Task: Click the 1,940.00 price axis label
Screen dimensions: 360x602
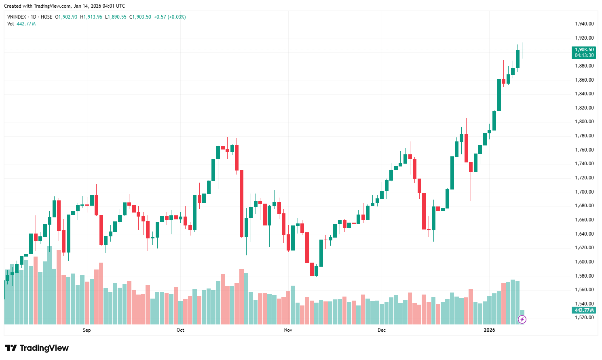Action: [x=584, y=24]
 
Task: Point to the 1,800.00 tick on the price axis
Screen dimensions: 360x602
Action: [x=584, y=122]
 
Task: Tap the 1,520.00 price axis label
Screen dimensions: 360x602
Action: [x=584, y=318]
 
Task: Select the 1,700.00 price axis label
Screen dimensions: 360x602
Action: [x=584, y=192]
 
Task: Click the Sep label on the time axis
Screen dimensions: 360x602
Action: [x=87, y=330]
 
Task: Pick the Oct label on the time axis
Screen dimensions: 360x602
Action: [x=180, y=330]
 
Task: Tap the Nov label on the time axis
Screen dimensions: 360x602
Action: [x=288, y=330]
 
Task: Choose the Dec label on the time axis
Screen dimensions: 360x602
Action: [x=382, y=330]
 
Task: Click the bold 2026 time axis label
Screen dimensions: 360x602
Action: [x=489, y=330]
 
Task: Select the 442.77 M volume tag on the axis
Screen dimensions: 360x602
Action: [x=584, y=310]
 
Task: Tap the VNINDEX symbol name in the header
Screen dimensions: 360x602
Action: [x=17, y=17]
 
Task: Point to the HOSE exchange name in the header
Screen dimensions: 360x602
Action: [x=46, y=17]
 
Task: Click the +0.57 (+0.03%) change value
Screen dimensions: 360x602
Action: [x=170, y=17]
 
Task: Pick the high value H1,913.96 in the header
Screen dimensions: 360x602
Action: [x=91, y=17]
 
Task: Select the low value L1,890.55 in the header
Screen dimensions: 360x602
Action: [x=116, y=17]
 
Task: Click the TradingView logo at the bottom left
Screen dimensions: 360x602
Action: [x=37, y=348]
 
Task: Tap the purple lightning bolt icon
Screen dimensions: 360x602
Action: [x=522, y=320]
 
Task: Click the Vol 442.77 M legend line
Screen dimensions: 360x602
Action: [x=21, y=24]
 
